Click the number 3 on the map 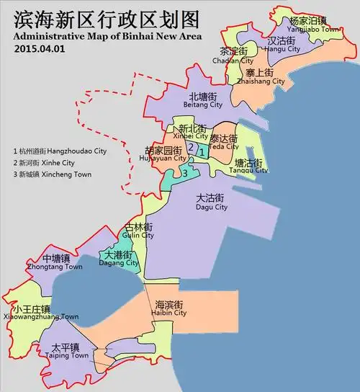185,173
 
